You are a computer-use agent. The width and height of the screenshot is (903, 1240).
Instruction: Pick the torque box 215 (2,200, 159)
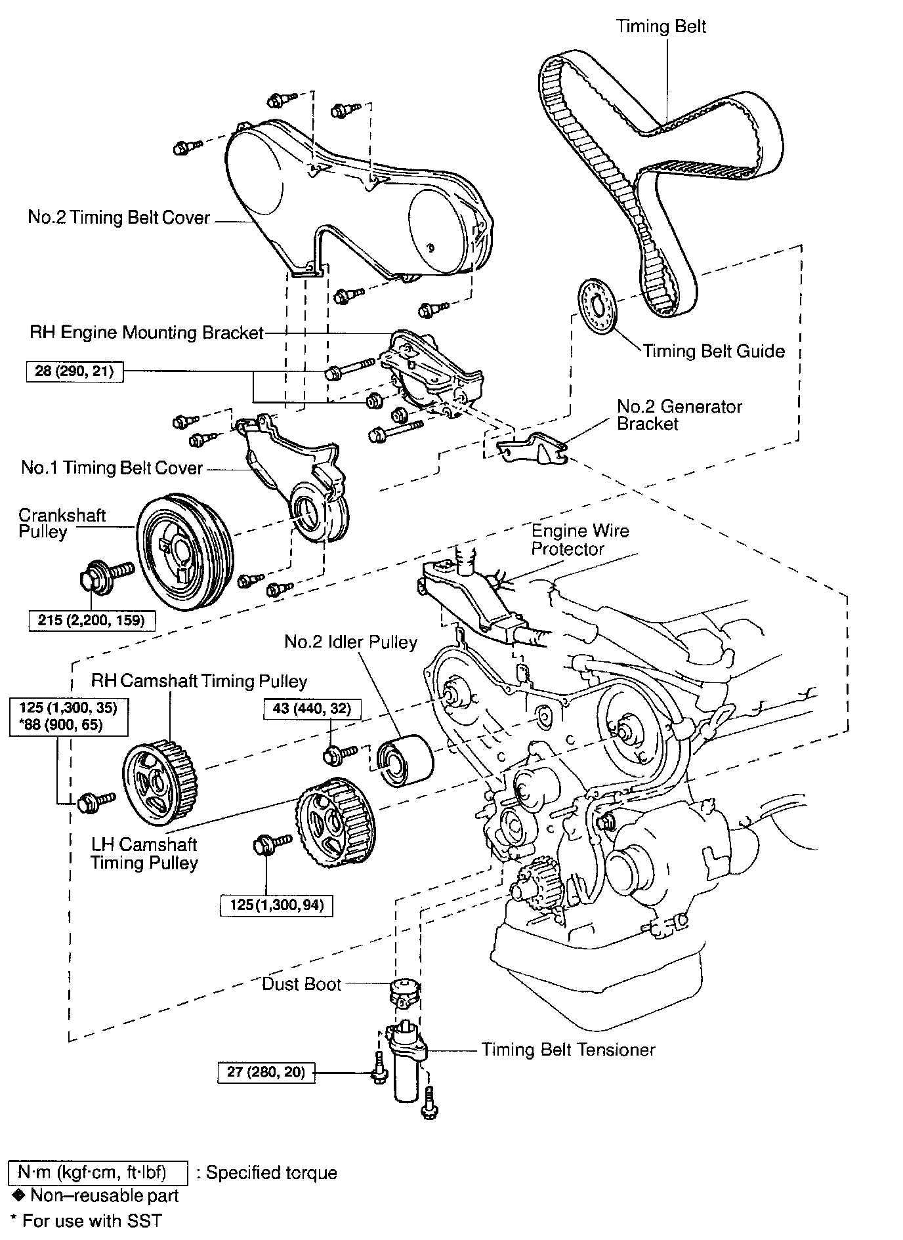coord(92,619)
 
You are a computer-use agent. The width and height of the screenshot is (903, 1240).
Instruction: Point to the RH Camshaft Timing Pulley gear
coord(160,782)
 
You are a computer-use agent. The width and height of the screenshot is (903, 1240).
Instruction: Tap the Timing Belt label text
coord(661,27)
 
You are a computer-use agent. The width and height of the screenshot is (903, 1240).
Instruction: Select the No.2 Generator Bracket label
coord(679,415)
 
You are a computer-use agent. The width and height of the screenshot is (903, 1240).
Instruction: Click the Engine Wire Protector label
coord(579,539)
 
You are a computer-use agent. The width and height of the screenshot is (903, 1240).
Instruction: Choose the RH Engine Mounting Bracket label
coord(146,333)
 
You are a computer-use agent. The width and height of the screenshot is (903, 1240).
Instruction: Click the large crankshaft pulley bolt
coord(105,574)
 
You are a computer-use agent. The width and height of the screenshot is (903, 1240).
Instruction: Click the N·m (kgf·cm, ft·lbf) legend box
coord(97,1172)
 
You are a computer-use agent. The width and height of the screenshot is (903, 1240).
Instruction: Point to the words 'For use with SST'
coord(91,1220)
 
